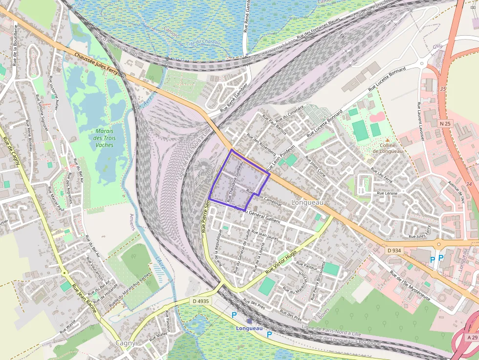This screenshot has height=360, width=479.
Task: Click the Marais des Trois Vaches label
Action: pyautogui.click(x=104, y=138)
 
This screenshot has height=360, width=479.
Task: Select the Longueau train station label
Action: pyautogui.click(x=249, y=328)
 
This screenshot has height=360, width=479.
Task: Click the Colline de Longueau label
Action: pyautogui.click(x=387, y=148)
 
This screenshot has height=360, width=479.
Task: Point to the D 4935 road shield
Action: pyautogui.click(x=201, y=301)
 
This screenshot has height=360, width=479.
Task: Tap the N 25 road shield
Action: pyautogui.click(x=445, y=124)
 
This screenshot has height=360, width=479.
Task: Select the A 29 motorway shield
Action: pyautogui.click(x=472, y=338)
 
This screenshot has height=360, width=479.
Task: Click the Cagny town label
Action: pyautogui.click(x=126, y=343)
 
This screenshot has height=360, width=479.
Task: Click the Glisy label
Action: pyautogui.click(x=437, y=46)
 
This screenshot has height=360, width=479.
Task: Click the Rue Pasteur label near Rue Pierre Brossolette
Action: pyautogui.click(x=307, y=268)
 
